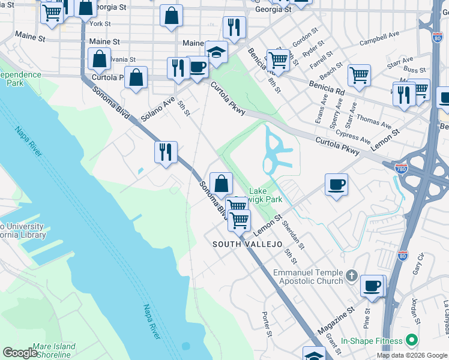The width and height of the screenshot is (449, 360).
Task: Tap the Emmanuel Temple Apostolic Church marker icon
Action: click(352, 275)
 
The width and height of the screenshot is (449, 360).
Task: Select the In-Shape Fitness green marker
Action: click(411, 340)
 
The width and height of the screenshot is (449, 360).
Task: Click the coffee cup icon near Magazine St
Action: click(373, 286)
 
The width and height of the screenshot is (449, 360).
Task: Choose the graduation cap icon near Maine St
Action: click(216, 52)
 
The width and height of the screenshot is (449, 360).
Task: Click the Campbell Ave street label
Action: click(380, 42)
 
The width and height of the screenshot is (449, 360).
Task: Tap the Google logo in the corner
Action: click(20, 353)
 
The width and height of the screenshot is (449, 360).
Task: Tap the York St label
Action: click(99, 24)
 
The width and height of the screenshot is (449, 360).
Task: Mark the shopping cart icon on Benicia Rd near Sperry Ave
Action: click(359, 75)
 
